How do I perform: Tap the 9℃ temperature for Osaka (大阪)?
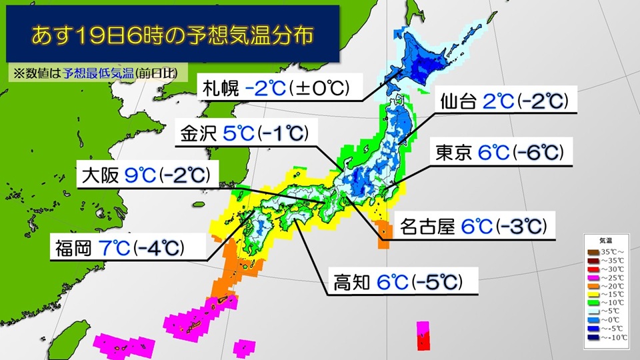click(139, 175)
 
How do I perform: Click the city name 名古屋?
click(427, 227)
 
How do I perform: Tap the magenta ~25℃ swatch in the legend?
click(592, 277)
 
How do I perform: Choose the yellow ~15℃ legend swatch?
click(592, 293)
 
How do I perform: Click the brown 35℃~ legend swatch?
click(592, 251)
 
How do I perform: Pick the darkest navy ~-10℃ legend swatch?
click(592, 335)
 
